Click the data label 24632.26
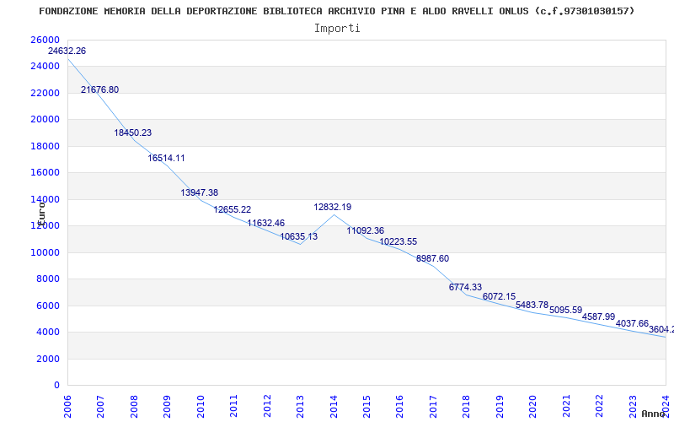tap(67, 51)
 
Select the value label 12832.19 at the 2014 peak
tap(333, 208)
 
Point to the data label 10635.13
tap(299, 237)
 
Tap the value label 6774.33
tap(465, 288)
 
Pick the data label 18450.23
tap(133, 133)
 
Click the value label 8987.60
tap(432, 259)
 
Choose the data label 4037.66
tap(632, 324)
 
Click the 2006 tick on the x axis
tap(67, 405)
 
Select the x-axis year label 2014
tap(333, 405)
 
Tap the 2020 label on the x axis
tap(532, 405)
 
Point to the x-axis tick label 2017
tap(432, 405)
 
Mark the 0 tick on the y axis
tap(56, 386)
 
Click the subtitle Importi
tap(337, 28)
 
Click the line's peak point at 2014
tap(333, 214)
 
